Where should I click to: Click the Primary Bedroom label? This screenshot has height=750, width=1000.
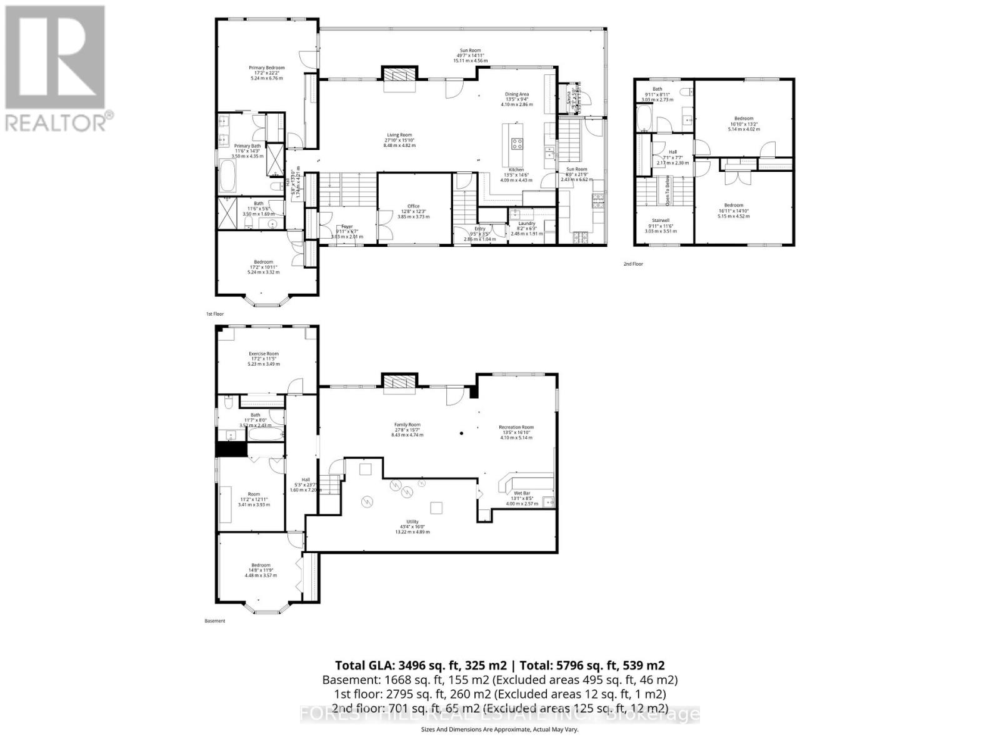coord(267,68)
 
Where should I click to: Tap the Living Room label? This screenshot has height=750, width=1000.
coord(399,135)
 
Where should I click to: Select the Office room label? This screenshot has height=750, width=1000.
coord(414,206)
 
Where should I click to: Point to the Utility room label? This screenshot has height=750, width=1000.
coord(412,522)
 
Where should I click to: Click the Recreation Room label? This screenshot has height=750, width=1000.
coord(516,427)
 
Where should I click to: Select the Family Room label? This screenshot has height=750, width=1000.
coord(407,425)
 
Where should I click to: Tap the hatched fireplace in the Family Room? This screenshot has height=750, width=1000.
coord(399,382)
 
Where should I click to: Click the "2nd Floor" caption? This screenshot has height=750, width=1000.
coord(632,264)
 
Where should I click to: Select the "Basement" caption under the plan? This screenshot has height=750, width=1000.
coord(214,621)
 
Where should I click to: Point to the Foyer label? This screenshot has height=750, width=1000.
coord(347,227)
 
